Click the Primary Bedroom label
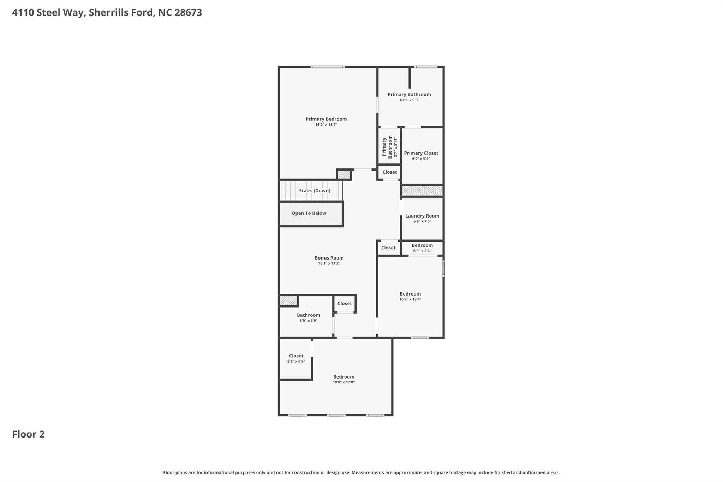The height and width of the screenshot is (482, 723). coord(326,119)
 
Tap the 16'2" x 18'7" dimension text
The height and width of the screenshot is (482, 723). coord(326,125)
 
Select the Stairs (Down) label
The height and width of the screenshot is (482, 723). coord(315,191)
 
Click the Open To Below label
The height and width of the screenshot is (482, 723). coord(309,213)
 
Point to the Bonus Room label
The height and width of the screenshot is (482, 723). coord(329,258)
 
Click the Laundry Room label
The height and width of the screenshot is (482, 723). coord(422,216)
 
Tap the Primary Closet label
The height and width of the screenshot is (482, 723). coord(421,153)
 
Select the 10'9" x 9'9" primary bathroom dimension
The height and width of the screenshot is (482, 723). coord(409,100)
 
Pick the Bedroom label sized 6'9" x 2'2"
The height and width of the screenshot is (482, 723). coord(422,245)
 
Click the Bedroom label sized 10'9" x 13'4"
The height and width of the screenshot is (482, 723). coord(410,294)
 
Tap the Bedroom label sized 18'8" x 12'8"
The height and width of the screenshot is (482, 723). coord(343,377)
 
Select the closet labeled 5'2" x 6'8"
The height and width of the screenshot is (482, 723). coord(296,356)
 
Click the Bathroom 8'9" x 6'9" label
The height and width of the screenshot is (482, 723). coord(308,315)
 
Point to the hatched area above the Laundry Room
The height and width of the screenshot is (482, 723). coord(422,191)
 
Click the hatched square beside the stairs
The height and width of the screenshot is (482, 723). coord(343,174)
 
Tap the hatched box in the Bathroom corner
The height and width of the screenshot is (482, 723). coord(288,301)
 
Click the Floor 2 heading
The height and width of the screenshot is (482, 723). coord(28,434)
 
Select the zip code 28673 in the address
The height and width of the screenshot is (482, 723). coord(188,12)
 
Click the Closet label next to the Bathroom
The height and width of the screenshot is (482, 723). coord(344,303)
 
